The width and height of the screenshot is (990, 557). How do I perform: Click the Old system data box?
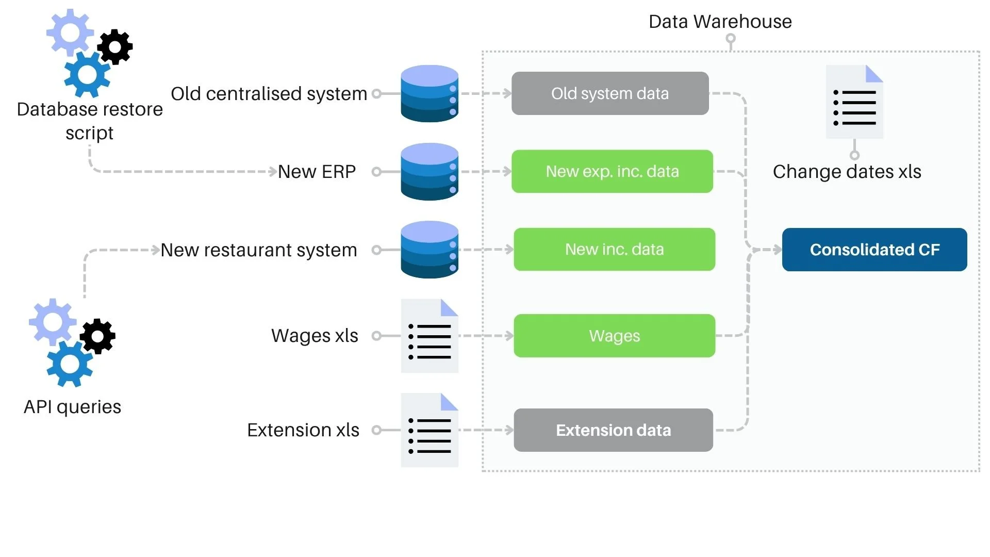coord(610,93)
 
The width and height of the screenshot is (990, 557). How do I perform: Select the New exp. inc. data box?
coord(612,171)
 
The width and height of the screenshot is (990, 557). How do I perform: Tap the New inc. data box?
coord(614,250)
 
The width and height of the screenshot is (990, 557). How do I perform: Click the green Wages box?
coord(614,336)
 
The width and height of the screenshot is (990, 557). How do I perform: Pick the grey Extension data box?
coord(613,430)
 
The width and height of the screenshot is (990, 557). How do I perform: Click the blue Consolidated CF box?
coord(874,250)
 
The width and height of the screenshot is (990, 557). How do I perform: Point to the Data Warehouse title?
coord(720,22)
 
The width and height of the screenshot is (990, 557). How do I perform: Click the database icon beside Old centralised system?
coord(430,93)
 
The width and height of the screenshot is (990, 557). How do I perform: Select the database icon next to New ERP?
coord(430,172)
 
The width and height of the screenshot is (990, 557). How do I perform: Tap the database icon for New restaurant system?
coord(430,250)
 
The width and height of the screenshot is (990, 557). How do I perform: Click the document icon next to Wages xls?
coord(430,336)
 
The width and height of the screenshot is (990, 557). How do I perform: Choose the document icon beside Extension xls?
coord(430,430)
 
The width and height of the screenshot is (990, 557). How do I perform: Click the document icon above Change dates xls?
coord(854,102)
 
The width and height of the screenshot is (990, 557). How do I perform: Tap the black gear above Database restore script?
coord(115,47)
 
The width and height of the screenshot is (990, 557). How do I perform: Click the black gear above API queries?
coord(98,336)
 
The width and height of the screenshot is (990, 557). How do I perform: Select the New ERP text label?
coord(317,172)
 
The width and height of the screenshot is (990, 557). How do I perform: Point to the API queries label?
coord(72,407)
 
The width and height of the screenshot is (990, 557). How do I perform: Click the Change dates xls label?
coord(847,172)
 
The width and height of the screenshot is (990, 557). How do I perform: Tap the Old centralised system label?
coord(269,94)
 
